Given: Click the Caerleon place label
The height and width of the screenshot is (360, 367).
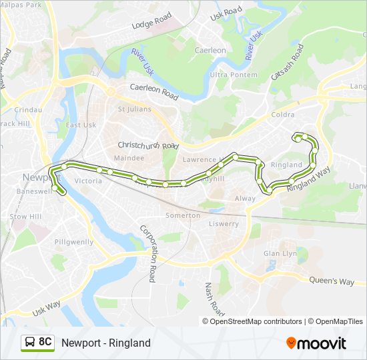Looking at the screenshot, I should point(210,50).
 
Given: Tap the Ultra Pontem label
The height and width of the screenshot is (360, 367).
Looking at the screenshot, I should point(229,75).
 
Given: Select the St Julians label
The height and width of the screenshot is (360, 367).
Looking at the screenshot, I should point(135,109).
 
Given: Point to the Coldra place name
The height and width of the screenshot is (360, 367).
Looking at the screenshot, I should point(283,115).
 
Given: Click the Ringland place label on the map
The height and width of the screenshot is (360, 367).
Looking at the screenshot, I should point(286,164).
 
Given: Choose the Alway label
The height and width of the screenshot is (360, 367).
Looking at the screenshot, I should point(245,199).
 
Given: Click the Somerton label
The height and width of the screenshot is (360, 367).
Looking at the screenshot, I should point(183,215).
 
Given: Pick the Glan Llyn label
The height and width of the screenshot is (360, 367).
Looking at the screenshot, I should point(280,253).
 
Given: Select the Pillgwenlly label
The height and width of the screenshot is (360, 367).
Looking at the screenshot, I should point(74,242).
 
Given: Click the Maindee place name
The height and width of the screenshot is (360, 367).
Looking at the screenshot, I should point(129,158).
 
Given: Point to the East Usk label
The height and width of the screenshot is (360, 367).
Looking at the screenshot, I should point(81,125).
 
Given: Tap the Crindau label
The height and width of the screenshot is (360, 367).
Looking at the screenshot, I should point(28,109).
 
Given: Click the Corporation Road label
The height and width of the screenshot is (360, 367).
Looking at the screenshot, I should point(148,253).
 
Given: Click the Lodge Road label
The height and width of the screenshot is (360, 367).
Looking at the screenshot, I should point(151,22).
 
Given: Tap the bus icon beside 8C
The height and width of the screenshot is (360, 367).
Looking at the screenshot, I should point(29,343).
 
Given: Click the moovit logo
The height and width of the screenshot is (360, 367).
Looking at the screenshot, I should point(316,343).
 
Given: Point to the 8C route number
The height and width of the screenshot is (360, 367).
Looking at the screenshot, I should point(45,342).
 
